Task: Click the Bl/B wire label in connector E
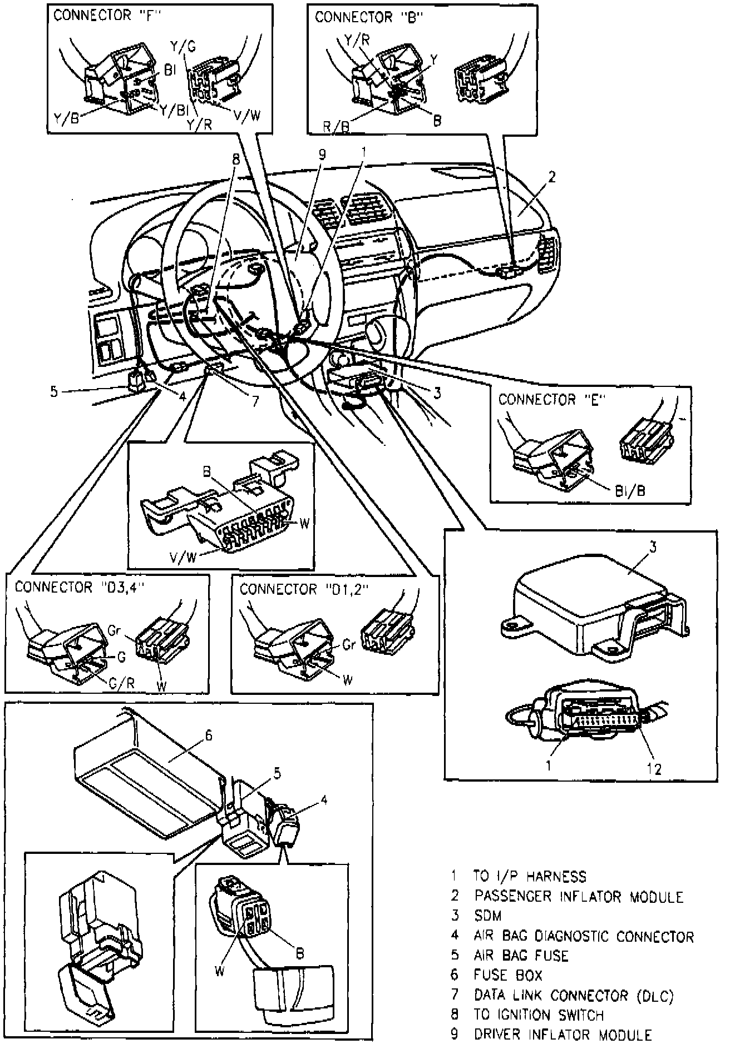point(630,491)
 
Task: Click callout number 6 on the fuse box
point(208,735)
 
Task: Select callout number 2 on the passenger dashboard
point(551,178)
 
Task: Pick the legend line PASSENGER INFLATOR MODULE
point(578,896)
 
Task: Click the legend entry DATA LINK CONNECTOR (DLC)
point(574,995)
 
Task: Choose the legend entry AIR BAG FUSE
point(521,955)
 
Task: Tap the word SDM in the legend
point(488,916)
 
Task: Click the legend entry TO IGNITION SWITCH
point(539,1015)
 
